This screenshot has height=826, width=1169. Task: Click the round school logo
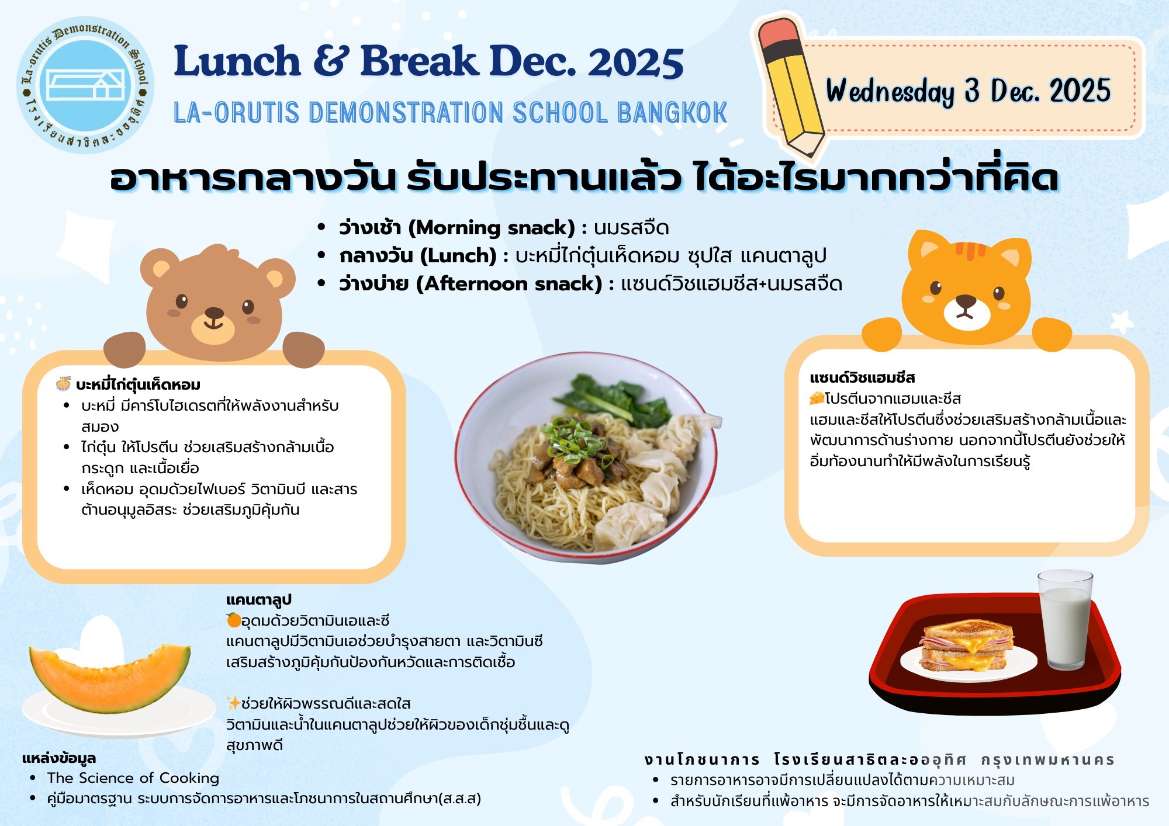tap(85, 85)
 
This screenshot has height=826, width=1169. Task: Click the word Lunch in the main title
tap(237, 61)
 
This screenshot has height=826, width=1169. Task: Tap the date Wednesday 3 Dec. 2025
tap(968, 91)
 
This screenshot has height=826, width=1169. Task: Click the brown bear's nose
tap(214, 313)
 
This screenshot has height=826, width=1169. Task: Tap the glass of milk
tap(1065, 619)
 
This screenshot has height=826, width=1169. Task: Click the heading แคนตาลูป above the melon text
tap(258, 600)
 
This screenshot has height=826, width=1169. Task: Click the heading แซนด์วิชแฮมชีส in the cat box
tap(862, 377)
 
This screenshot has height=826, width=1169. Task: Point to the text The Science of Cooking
tap(133, 778)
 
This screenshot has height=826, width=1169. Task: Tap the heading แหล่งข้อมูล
tap(59, 758)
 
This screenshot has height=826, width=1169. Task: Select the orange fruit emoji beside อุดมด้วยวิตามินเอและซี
tap(233, 620)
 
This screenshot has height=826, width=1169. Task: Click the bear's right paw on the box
tap(303, 349)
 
